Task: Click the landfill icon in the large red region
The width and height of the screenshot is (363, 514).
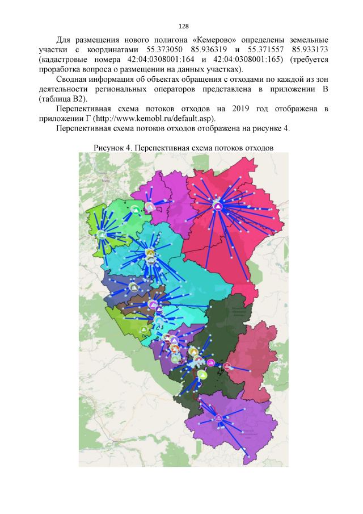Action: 218,205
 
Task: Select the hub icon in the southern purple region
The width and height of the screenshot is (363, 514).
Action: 218,419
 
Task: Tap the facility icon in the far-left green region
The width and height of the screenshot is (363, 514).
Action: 102,234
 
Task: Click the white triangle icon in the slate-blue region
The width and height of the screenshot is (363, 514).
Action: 133,287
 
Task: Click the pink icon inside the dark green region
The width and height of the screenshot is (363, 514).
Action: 211,362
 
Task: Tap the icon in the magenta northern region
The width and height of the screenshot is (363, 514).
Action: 149,206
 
